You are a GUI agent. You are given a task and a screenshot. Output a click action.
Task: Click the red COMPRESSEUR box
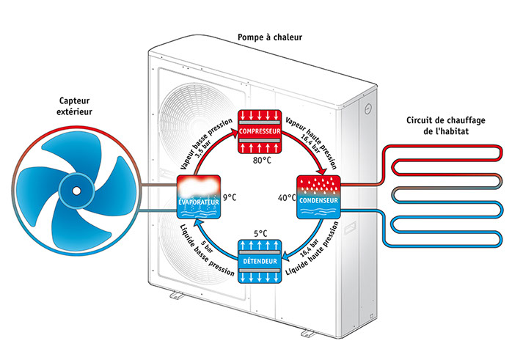click(260, 131)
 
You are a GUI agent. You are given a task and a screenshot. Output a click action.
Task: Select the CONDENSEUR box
click(318, 196)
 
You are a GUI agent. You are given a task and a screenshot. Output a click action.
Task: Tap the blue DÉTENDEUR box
click(260, 261)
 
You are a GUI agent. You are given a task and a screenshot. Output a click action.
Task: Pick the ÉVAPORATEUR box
click(199, 196)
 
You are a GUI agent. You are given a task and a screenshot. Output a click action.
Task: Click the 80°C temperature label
click(262, 161)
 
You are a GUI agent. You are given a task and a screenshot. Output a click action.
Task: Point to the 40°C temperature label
click(287, 198)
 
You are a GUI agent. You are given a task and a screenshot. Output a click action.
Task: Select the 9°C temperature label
click(230, 197)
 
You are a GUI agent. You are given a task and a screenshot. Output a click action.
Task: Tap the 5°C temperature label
click(260, 233)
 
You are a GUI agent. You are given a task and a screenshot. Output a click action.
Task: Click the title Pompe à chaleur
click(270, 37)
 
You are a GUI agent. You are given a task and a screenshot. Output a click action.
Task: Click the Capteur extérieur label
click(74, 106)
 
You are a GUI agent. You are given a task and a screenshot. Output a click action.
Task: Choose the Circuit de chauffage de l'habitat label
click(446, 125)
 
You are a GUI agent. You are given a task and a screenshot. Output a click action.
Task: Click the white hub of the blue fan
click(76, 191)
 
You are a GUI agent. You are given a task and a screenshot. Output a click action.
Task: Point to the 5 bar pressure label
click(208, 246)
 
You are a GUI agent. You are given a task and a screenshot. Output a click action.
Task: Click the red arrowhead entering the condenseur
click(323, 171)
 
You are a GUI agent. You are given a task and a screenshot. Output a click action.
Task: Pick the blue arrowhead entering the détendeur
click(286, 256)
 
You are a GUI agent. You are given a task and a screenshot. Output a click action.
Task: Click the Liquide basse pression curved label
click(206, 251)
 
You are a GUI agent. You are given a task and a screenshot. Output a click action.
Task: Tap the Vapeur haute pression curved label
click(311, 143)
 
